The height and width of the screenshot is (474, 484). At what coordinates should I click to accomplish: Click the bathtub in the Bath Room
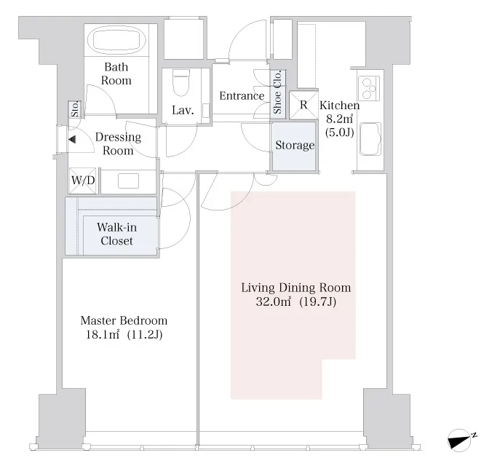(116, 40)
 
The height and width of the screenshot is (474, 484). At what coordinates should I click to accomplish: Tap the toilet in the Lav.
(181, 82)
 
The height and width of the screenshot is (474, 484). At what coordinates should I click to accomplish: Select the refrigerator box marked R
(304, 105)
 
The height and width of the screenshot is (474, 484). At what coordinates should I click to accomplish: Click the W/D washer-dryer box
(83, 181)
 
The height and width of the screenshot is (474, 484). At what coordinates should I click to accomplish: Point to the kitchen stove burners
(369, 88)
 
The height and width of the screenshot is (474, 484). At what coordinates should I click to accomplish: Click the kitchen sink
(370, 139)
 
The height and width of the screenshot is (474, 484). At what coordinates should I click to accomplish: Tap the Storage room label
(295, 145)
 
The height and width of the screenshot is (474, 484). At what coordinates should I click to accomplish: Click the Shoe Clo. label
(277, 92)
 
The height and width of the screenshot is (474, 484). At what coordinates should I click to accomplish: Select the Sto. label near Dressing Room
(75, 109)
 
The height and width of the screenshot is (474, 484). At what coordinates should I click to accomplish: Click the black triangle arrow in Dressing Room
(72, 140)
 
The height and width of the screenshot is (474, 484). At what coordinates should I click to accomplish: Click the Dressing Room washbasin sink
(128, 181)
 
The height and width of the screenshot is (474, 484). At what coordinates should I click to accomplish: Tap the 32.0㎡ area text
(273, 301)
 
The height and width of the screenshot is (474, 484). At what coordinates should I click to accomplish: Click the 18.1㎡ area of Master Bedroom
(103, 334)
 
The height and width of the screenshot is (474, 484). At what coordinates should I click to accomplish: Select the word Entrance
(242, 95)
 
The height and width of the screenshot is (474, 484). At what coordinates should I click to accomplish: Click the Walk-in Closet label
(116, 234)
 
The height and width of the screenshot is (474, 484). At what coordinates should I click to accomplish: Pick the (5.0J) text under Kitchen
(339, 133)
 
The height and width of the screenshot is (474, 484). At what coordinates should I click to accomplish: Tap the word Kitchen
(340, 106)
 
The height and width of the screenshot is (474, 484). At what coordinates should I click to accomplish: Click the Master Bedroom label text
(124, 320)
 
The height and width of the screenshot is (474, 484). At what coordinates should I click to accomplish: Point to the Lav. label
(183, 110)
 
